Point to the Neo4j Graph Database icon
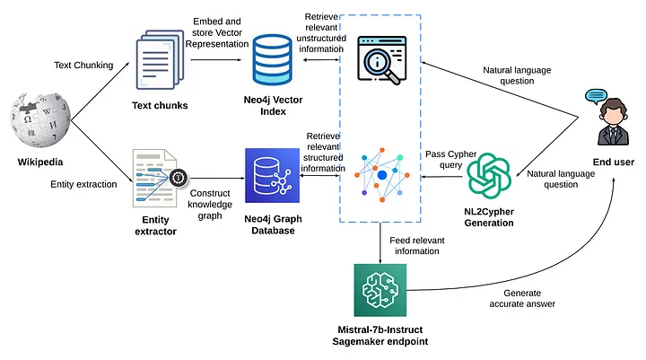(269, 177)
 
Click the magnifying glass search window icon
(382, 58)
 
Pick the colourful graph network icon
(381, 172)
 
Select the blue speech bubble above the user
(597, 96)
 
